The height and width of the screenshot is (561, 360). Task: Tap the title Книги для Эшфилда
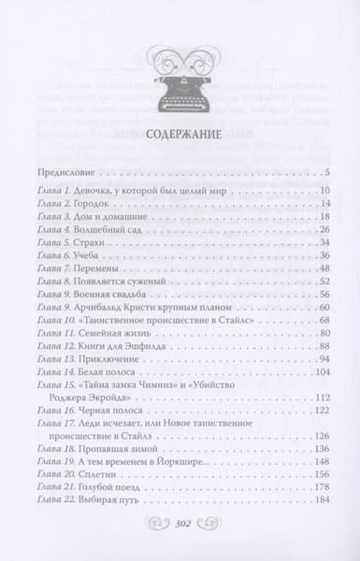pyautogui.click(x=130, y=346)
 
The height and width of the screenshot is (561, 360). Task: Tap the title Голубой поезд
pyautogui.click(x=118, y=488)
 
